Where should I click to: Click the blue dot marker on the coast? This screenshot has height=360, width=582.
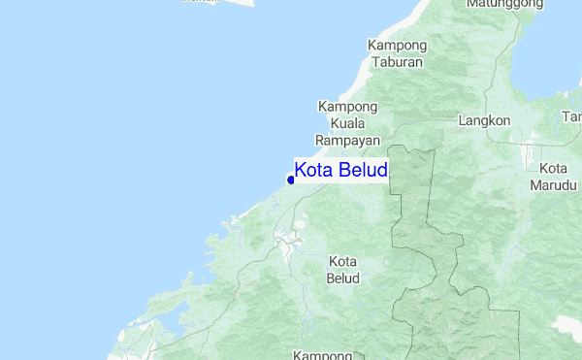291,180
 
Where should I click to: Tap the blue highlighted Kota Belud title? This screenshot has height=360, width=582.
340,171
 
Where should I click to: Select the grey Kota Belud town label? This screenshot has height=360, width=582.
344,270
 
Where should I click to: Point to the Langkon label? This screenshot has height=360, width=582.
484,121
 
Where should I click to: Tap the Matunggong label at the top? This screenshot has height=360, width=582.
503,5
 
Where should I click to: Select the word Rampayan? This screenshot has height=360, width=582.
347,140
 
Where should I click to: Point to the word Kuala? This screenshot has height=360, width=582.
347,123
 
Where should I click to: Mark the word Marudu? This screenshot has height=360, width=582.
555,185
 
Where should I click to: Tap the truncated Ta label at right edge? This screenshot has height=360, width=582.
572,117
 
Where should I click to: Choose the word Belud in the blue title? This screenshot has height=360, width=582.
363,171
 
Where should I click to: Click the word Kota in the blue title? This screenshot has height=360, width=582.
314,171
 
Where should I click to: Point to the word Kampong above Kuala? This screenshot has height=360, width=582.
347,107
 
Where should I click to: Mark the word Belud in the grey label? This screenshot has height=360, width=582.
344,278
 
